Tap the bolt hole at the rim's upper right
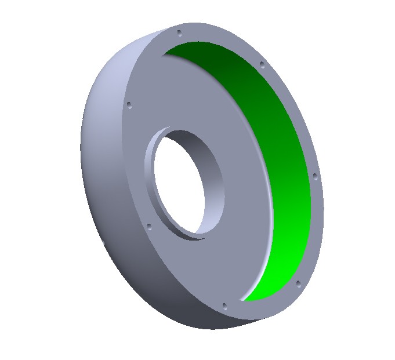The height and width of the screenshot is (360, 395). pyautogui.click(x=262, y=64)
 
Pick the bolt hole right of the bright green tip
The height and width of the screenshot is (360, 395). pyautogui.click(x=298, y=283)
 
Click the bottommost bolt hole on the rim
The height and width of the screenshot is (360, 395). pyautogui.click(x=224, y=306)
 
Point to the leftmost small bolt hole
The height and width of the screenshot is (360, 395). pyautogui.click(x=129, y=106)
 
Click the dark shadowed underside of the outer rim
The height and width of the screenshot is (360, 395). pyautogui.click(x=174, y=307)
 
